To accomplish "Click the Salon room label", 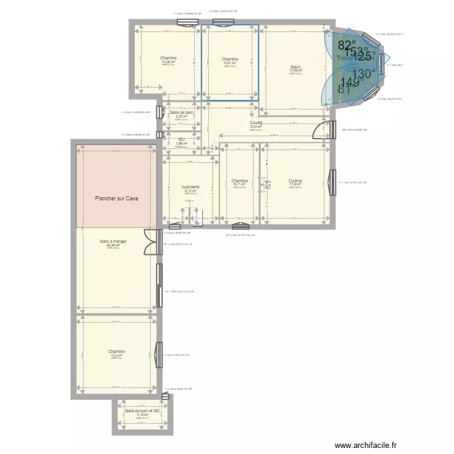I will pos(295,67).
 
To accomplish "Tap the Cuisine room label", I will pos(295,180).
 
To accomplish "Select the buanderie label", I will pos(190,187).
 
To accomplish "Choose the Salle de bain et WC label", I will pos(142,411).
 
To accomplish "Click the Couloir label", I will pos(255,123).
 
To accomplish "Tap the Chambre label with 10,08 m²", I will pos(168,58).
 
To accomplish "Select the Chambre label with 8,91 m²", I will pos(230,59).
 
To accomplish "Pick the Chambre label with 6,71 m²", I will pos(239,180).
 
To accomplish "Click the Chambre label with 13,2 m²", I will pos(116,351).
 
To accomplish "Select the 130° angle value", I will pos(364,73).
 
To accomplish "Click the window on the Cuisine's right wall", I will pos(332,182).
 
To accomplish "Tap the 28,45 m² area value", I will pos(113,245).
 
